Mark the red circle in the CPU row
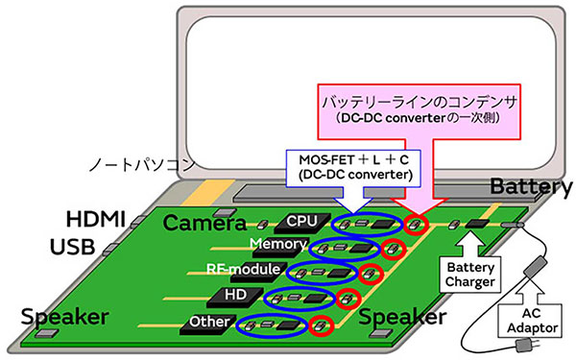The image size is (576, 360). [x=416, y=227]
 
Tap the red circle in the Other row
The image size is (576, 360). [x=322, y=325]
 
